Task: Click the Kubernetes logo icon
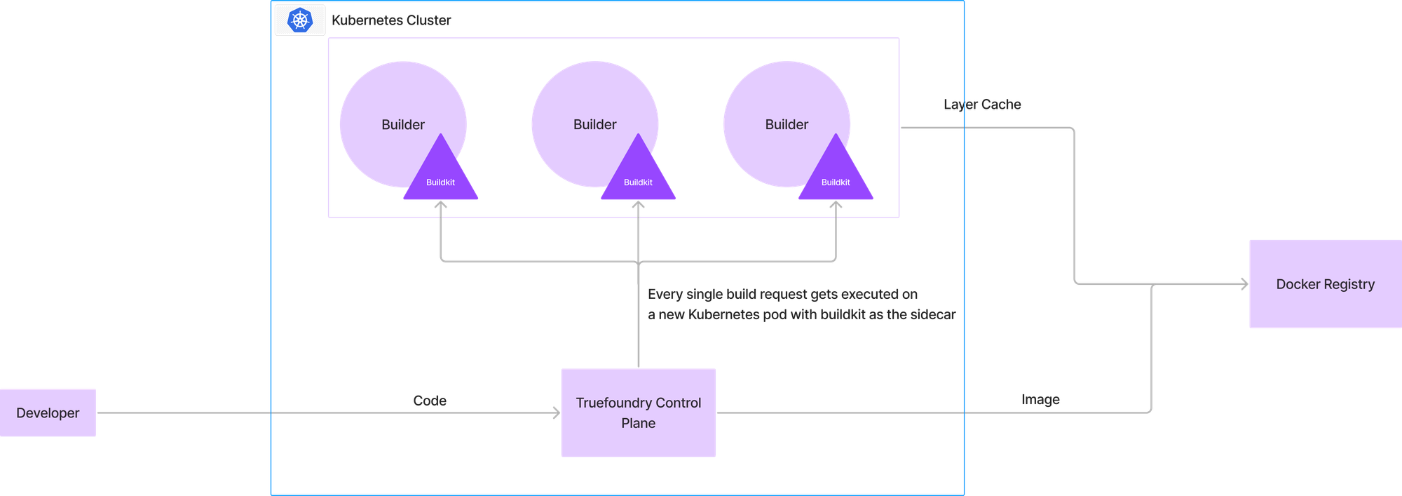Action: [300, 20]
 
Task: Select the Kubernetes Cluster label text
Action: [391, 20]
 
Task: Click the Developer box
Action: [48, 413]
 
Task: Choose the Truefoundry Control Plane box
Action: [638, 413]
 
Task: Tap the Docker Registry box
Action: [1325, 283]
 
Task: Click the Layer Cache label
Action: [982, 105]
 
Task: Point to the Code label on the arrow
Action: [430, 401]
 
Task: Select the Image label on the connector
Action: [1040, 399]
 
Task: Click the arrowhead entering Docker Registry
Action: [1244, 284]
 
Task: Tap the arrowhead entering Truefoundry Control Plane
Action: [557, 413]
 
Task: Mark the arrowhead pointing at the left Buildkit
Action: [440, 206]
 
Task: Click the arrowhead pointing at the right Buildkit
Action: [836, 206]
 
